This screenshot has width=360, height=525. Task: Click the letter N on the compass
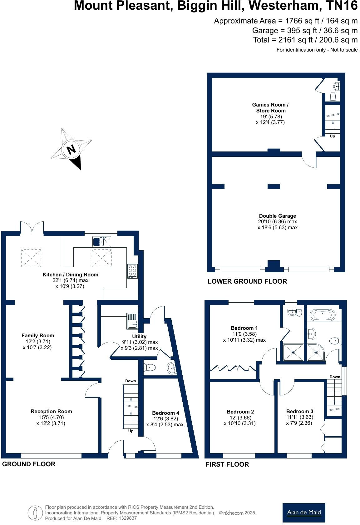coord(72,149)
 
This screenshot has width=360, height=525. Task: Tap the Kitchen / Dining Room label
coord(70,275)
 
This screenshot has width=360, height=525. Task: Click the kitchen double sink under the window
coord(102,242)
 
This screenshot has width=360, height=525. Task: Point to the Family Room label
coord(38,336)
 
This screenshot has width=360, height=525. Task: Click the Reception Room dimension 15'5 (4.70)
coord(51,418)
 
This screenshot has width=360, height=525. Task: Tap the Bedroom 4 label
coord(165,413)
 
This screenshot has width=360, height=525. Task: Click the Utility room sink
coord(132,321)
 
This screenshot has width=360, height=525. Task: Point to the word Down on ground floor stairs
coord(131,381)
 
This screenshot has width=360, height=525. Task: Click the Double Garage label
coord(277,216)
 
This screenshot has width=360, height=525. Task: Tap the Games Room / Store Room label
coord(270,108)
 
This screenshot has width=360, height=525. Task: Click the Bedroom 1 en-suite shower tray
coord(293,353)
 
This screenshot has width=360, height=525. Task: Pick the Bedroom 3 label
coord(299,411)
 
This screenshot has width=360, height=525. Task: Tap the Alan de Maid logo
coord(303,513)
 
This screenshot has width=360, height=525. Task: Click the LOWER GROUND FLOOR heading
coord(247,281)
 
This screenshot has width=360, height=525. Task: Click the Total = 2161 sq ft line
coord(305,40)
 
